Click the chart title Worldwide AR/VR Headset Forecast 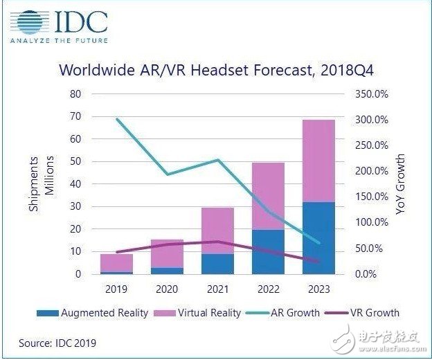215,70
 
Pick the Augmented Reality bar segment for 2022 268,252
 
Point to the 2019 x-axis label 116,288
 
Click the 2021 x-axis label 217,288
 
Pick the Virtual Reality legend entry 199,313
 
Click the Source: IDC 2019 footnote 57,342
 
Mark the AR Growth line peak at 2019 116,119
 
